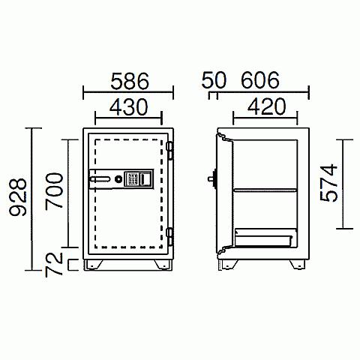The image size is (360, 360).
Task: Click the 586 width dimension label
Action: tap(130, 81)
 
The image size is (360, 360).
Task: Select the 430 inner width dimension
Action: tap(129, 106)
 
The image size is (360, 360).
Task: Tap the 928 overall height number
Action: tap(18, 197)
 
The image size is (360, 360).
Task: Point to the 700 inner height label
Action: tap(54, 190)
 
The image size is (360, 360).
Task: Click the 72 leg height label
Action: tap(54, 265)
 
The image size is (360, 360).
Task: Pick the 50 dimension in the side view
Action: tap(214, 80)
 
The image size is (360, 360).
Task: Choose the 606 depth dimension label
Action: tap(260, 80)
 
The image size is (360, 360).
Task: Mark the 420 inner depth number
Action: tap(266, 106)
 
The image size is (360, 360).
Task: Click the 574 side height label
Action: tap(328, 182)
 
